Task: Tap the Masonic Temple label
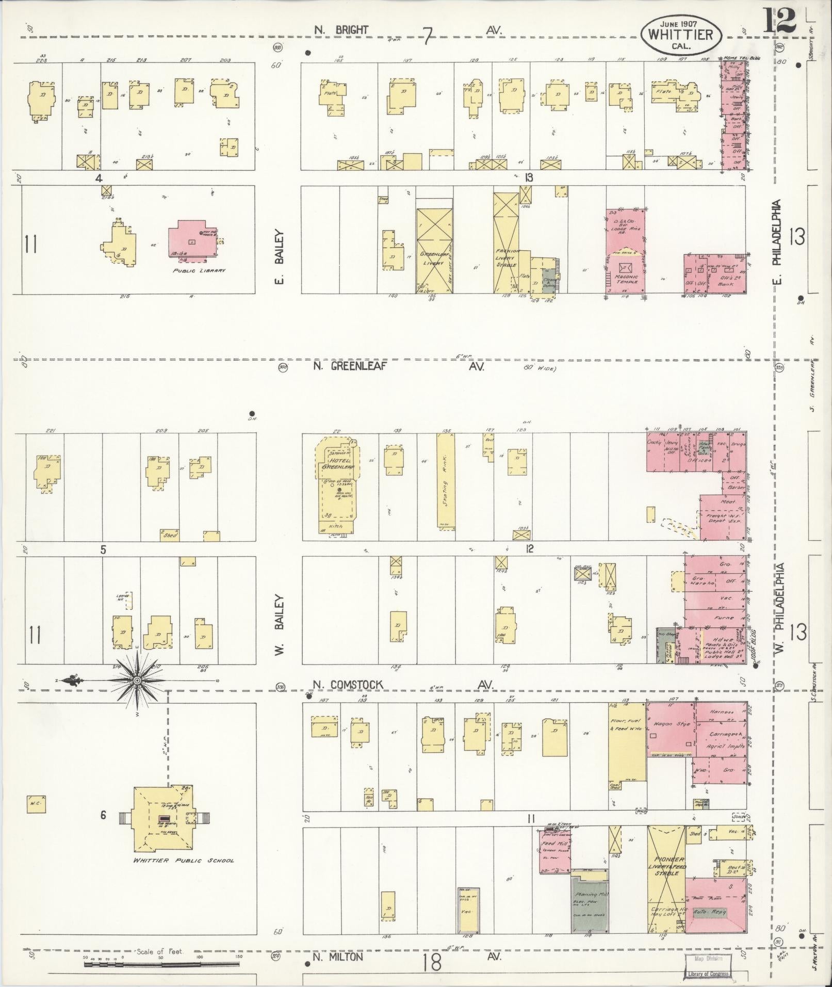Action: pyautogui.click(x=626, y=279)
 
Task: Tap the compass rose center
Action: pyautogui.click(x=137, y=681)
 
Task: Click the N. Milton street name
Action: pyautogui.click(x=338, y=957)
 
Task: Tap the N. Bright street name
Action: pyautogui.click(x=341, y=30)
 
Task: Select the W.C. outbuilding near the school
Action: pyautogui.click(x=36, y=817)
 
